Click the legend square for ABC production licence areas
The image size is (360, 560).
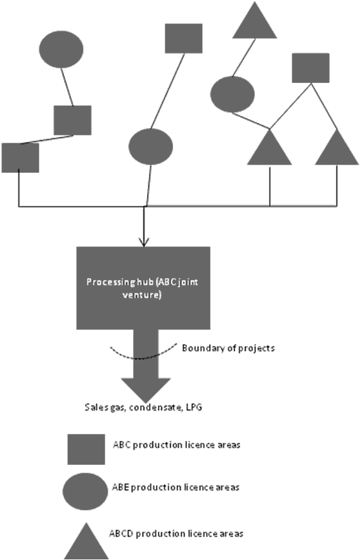pyautogui.click(x=86, y=449)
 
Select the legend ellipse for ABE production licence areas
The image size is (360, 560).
pyautogui.click(x=85, y=491)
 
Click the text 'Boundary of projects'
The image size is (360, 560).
pyautogui.click(x=228, y=348)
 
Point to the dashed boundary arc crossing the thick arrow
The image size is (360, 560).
pyautogui.click(x=143, y=357)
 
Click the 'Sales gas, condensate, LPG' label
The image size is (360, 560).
pyautogui.click(x=143, y=407)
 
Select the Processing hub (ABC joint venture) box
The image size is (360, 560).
pyautogui.click(x=143, y=288)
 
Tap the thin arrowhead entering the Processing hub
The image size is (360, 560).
pyautogui.click(x=144, y=243)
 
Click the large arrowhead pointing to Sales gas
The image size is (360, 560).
pyautogui.click(x=146, y=390)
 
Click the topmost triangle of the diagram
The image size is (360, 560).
pyautogui.click(x=255, y=22)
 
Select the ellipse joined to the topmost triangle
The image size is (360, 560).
pyautogui.click(x=233, y=94)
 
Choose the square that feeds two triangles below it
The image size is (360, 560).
pyautogui.click(x=311, y=68)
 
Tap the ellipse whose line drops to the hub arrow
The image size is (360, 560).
pyautogui.click(x=150, y=146)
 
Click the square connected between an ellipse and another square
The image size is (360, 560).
pyautogui.click(x=73, y=120)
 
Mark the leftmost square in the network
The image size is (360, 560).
pyautogui.click(x=20, y=158)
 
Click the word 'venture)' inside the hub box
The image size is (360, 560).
pyautogui.click(x=142, y=295)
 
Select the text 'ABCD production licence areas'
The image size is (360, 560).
pyautogui.click(x=176, y=533)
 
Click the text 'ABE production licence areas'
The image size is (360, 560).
pyautogui.click(x=176, y=487)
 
